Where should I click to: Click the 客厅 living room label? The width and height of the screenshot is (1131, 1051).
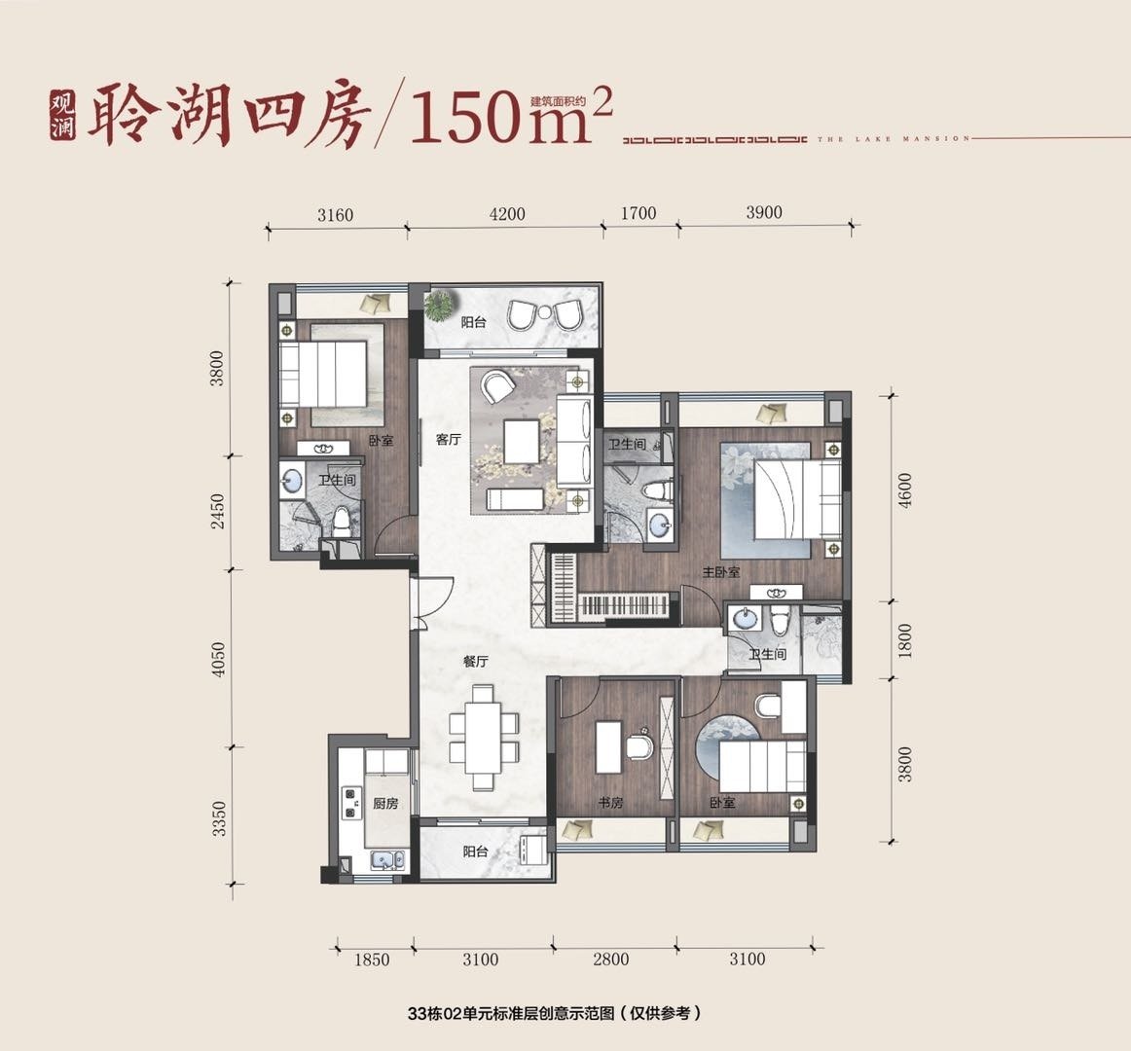(448, 439)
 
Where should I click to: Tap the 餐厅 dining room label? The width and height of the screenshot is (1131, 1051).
(476, 661)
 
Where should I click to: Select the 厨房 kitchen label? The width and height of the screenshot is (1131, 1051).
(385, 803)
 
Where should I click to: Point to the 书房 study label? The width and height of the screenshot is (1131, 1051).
(610, 802)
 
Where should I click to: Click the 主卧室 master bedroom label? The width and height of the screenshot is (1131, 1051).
(721, 572)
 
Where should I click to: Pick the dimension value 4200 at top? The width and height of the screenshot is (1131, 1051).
(506, 214)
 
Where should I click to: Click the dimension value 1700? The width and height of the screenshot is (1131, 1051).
(638, 213)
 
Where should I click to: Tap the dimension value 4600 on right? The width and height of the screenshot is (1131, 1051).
(905, 490)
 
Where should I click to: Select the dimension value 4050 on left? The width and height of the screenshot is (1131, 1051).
(219, 659)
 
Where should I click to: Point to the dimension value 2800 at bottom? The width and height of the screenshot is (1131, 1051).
(610, 960)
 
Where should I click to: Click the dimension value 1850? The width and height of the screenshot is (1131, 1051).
(372, 960)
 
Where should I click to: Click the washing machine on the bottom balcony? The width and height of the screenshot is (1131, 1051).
(533, 852)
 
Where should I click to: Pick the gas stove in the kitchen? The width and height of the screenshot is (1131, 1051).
(350, 803)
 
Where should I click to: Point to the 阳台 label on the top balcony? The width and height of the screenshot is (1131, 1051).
(473, 322)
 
